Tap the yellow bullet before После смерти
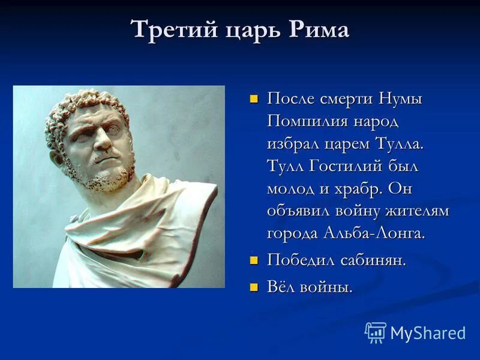[x=254, y=98]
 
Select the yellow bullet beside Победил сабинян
[x=254, y=260]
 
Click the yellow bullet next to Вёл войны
[x=254, y=287]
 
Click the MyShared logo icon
[x=376, y=332]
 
